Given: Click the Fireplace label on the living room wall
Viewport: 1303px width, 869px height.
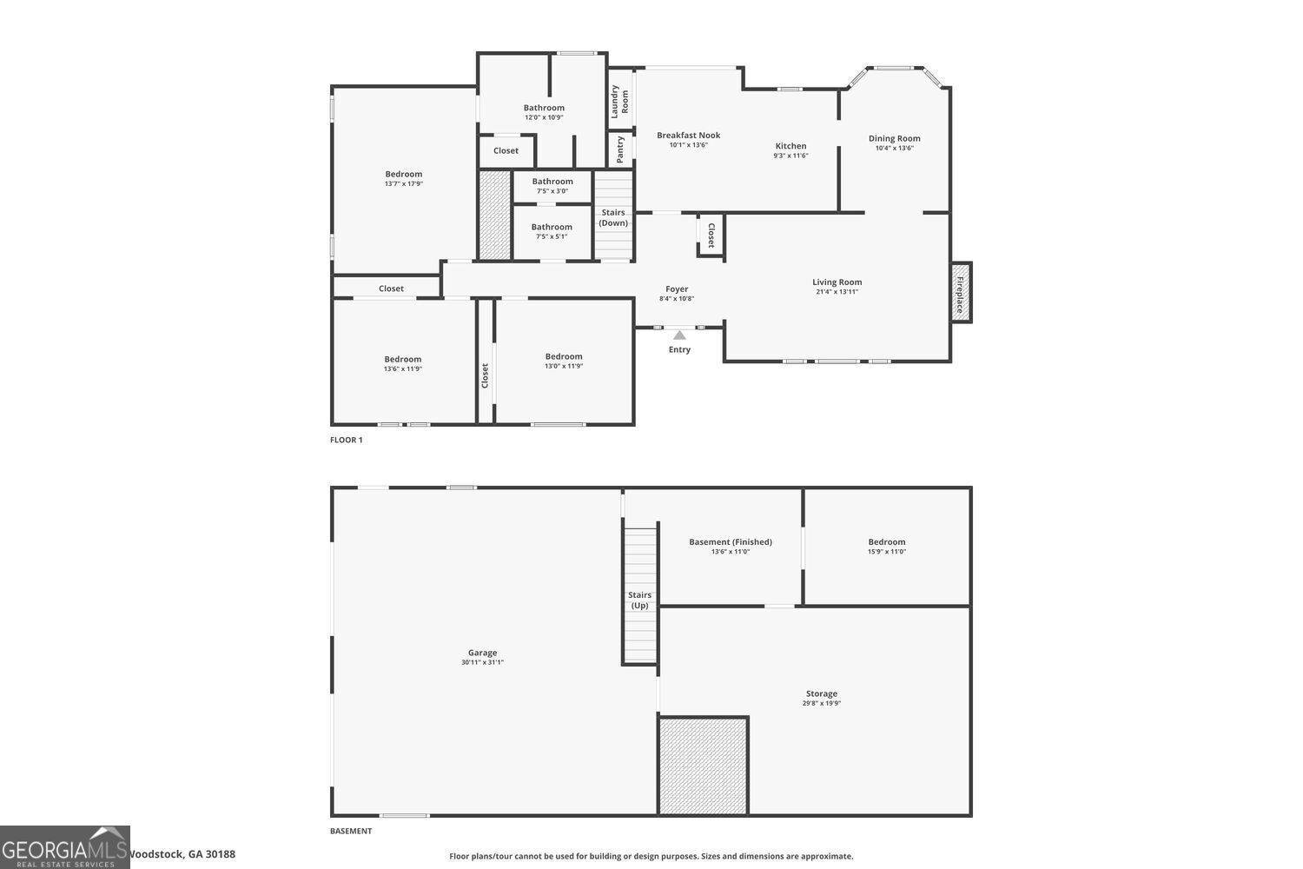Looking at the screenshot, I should [x=960, y=294].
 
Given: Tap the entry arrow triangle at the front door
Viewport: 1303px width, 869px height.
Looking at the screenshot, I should [x=679, y=335].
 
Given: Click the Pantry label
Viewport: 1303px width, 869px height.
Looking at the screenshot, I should [x=619, y=149].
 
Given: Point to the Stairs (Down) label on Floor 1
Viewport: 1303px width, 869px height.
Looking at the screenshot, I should [x=613, y=217].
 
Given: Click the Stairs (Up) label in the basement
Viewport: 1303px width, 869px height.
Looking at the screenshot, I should [x=639, y=600].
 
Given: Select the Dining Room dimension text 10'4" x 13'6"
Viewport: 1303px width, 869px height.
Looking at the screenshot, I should [x=894, y=149].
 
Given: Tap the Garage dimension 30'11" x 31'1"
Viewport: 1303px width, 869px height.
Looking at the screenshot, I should [x=482, y=663].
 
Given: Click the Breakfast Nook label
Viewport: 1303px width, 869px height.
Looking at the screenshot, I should [x=688, y=135].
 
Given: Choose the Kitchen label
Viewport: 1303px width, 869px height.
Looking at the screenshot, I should [x=790, y=146].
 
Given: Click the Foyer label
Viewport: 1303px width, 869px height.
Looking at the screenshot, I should [x=677, y=289].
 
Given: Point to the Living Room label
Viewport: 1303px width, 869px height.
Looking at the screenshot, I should [x=837, y=282].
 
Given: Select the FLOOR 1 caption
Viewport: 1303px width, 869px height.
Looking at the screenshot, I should [x=346, y=440].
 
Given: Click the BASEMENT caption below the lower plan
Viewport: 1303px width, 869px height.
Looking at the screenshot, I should [x=350, y=831].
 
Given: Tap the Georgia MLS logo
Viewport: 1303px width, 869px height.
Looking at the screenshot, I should [x=64, y=847].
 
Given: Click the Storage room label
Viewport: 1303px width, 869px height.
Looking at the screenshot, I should [x=821, y=693].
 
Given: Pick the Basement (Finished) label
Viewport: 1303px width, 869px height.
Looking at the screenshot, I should [x=730, y=541].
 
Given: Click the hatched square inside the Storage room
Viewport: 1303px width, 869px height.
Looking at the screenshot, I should [x=703, y=766].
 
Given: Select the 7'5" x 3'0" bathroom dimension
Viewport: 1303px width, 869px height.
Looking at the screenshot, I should [x=552, y=191].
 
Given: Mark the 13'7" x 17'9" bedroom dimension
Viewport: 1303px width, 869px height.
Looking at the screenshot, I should [x=403, y=184].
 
